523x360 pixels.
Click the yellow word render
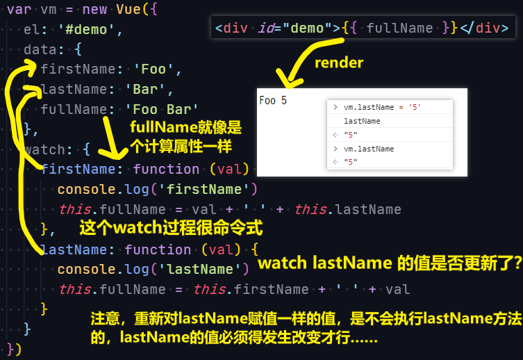pos(339,63)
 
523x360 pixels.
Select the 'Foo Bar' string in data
pos(162,109)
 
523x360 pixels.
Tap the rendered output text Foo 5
pos(273,101)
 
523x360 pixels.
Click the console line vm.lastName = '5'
pos(382,107)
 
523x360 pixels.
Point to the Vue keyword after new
pos(128,9)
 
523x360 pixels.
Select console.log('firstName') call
pos(158,189)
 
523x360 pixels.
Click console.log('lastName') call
pos(153,269)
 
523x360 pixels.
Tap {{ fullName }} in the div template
pos(399,28)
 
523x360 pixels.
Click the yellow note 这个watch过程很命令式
pos(171,228)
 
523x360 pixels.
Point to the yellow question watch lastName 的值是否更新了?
pos(390,263)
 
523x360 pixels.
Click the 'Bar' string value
pos(145,90)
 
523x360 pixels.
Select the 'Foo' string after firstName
pos(153,69)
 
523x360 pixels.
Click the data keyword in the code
pos(40,50)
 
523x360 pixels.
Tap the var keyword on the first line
pos(19,9)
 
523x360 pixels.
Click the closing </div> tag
pos(484,28)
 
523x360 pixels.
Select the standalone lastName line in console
pos(362,121)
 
